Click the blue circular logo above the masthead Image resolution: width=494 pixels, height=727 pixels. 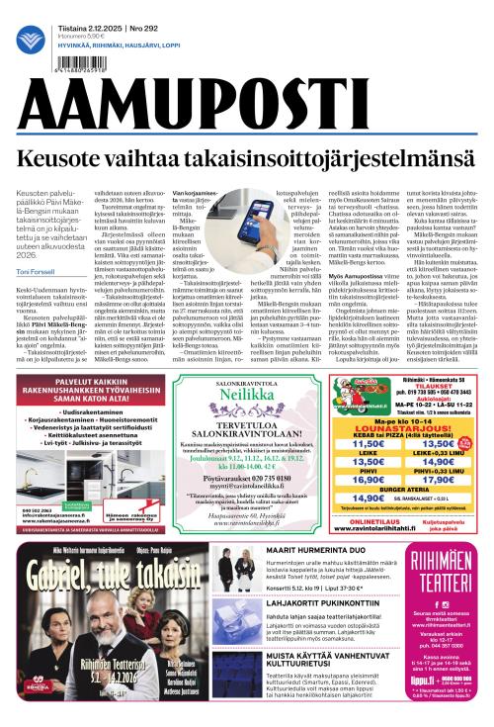[30, 40]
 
